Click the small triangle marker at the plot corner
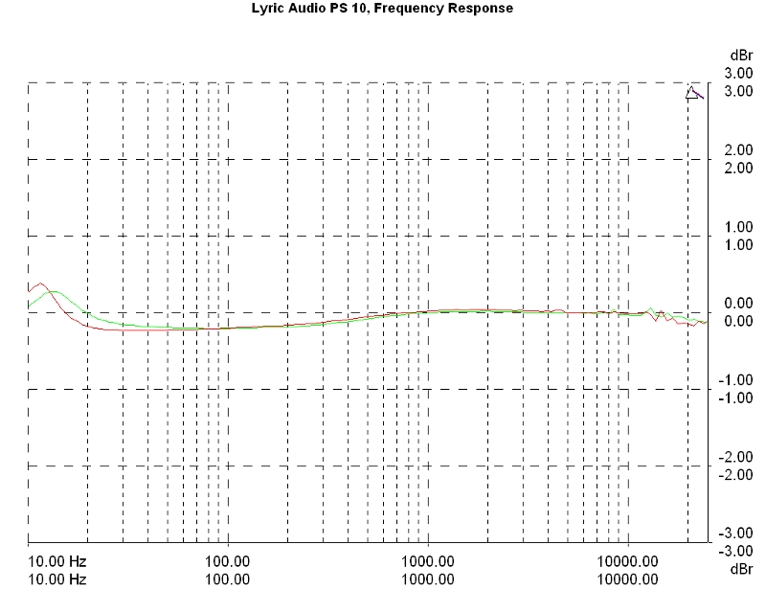[692, 93]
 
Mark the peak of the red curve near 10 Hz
[39, 284]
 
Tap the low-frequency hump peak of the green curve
[54, 290]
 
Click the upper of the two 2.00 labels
[737, 150]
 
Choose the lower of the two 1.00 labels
[737, 244]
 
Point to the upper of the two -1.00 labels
[737, 380]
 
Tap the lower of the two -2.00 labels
[737, 474]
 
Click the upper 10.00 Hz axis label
[57, 561]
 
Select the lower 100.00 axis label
[228, 579]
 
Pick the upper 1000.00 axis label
[427, 561]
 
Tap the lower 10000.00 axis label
[628, 579]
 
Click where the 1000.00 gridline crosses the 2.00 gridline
[428, 160]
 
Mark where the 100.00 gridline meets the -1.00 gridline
[228, 390]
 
